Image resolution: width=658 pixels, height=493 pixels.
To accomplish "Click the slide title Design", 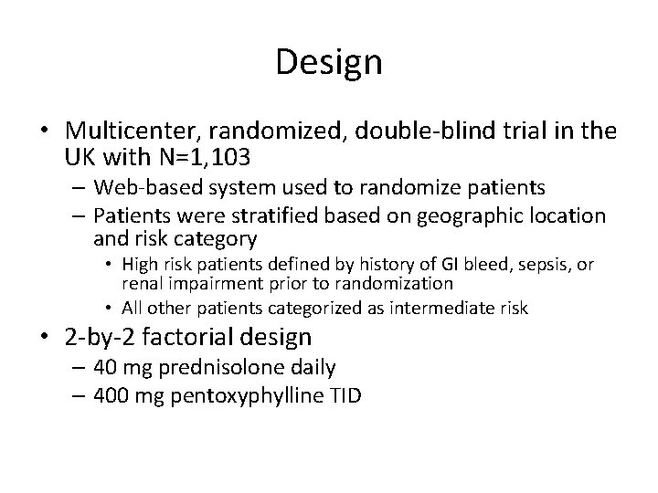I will point(329,63).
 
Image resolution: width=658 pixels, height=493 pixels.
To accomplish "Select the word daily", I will point(315,368).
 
